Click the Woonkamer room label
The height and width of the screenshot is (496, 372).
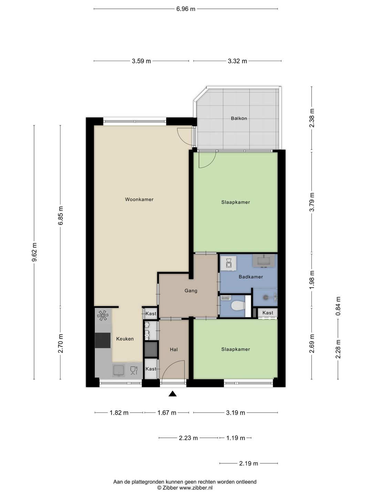(x=139, y=199)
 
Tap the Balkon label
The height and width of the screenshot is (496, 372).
(x=239, y=118)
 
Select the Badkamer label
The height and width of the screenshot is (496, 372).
(x=251, y=277)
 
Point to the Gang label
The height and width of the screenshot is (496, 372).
(x=191, y=291)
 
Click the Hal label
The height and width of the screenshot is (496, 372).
(x=174, y=349)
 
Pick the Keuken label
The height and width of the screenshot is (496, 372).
(x=125, y=339)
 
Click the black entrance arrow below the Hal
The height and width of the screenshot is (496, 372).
(x=173, y=394)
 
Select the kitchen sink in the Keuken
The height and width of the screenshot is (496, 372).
(x=118, y=370)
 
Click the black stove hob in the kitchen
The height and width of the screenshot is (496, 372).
(x=103, y=340)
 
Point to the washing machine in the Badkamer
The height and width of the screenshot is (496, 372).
(x=229, y=263)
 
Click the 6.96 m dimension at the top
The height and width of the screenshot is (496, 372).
(x=186, y=9)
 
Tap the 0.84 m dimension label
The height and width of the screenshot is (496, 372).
(x=338, y=306)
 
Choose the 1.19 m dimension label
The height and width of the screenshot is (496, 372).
(x=236, y=438)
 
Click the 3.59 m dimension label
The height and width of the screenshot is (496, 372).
(x=141, y=61)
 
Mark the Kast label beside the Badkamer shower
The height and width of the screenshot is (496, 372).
(x=268, y=313)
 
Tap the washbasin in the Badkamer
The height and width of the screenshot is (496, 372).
(x=263, y=260)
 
